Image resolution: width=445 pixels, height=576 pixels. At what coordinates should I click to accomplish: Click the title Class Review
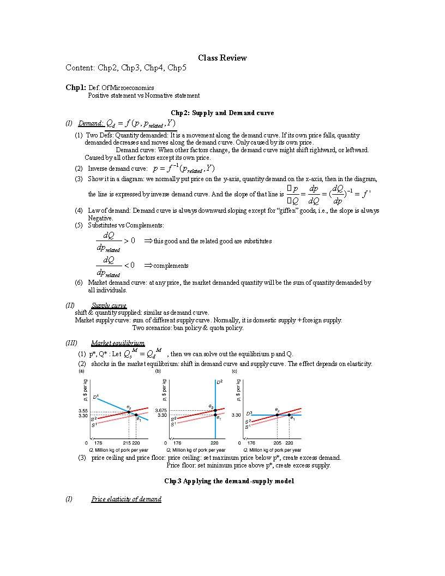[222, 58]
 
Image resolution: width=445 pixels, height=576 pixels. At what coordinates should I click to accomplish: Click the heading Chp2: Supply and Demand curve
[222, 113]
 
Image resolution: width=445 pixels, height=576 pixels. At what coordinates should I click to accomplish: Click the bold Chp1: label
[76, 87]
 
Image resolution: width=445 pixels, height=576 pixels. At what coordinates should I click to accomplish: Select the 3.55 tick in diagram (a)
[83, 411]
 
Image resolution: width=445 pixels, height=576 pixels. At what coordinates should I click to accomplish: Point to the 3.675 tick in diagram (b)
[161, 410]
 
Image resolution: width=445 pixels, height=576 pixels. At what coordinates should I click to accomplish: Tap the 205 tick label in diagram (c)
[278, 443]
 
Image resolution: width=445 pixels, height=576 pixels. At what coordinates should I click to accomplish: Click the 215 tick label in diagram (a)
[127, 443]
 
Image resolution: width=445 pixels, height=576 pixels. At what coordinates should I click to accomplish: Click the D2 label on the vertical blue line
[219, 383]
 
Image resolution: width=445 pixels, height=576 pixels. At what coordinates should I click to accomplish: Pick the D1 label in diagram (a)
[95, 397]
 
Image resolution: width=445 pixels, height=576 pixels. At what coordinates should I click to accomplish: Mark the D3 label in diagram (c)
[249, 413]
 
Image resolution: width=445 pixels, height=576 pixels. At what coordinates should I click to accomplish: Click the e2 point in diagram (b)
[215, 410]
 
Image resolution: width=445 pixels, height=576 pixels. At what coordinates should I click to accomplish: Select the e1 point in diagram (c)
[289, 415]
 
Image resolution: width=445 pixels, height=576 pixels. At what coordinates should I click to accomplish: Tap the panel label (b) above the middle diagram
[158, 371]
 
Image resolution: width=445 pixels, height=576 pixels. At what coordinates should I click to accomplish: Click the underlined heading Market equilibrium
[118, 343]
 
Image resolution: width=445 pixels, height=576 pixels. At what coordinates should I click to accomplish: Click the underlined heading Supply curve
[109, 305]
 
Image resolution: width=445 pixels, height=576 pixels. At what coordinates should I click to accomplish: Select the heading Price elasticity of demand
[127, 499]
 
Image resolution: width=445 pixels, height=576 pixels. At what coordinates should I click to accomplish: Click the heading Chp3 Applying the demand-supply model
[229, 481]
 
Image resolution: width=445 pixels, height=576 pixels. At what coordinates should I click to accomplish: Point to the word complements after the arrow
[171, 266]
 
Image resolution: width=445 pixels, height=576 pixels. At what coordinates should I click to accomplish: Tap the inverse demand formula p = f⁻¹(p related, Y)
[184, 169]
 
